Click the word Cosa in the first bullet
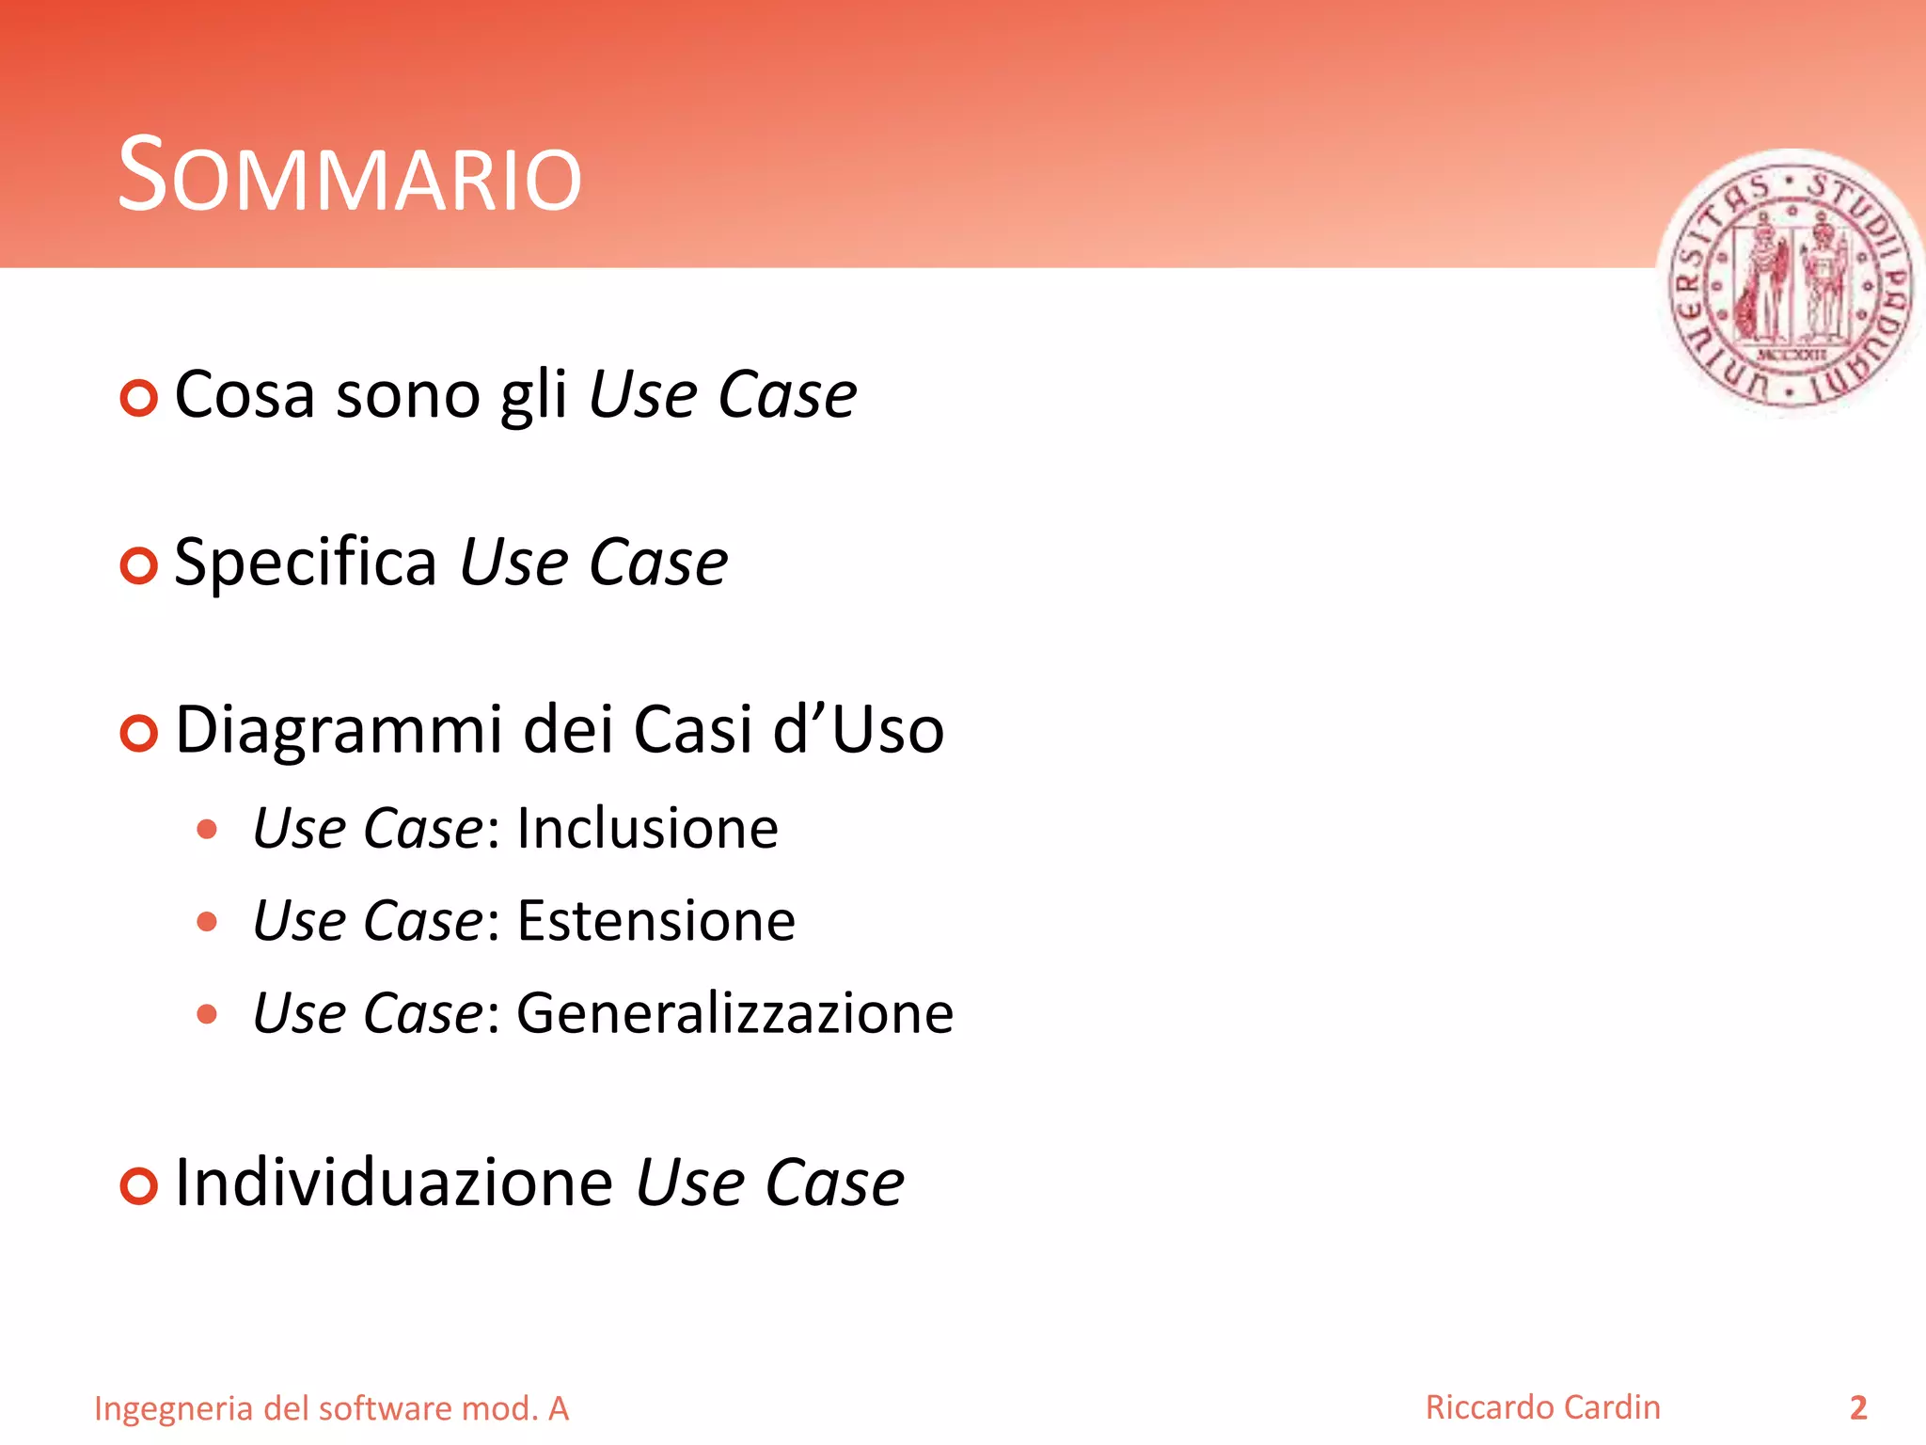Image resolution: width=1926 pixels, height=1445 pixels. click(x=245, y=395)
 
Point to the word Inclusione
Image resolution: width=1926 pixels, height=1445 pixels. click(x=647, y=830)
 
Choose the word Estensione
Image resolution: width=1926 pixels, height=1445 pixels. click(x=655, y=921)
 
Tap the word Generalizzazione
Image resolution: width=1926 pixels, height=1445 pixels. click(x=734, y=1014)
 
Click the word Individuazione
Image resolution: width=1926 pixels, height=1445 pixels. click(x=394, y=1183)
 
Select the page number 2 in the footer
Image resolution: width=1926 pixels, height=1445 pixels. click(x=1857, y=1408)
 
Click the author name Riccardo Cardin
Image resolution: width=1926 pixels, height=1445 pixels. click(x=1542, y=1407)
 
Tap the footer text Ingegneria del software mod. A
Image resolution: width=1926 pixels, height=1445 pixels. click(x=331, y=1409)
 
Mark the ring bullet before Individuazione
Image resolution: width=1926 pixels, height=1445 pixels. click(x=139, y=1186)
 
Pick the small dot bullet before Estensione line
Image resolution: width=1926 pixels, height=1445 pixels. click(x=207, y=922)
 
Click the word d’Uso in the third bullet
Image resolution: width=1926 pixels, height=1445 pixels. click(x=858, y=731)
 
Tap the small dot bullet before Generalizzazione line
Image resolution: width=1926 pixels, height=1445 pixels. click(x=207, y=1014)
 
